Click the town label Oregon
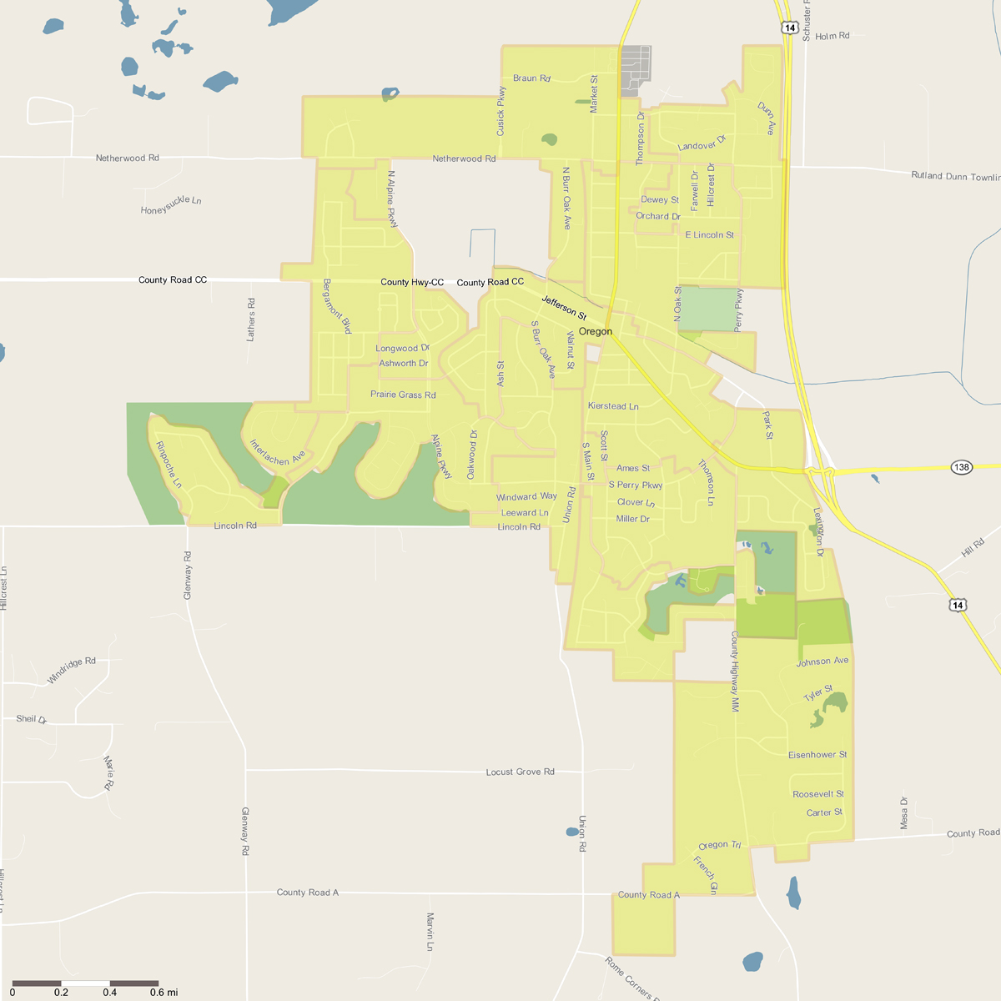pos(596,331)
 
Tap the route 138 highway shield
pos(962,467)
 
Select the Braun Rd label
pos(531,78)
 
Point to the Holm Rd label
pos(832,37)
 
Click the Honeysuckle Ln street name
pos(171,205)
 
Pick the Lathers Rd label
pos(251,319)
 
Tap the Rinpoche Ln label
pos(169,465)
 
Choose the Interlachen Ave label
pos(278,453)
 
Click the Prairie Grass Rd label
pos(403,395)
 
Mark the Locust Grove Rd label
pos(520,772)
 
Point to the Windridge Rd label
pos(72,670)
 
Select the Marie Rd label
pos(108,772)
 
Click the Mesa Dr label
pos(904,812)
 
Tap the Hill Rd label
pos(973,548)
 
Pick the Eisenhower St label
pos(817,755)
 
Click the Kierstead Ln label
pos(613,406)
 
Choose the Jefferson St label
pos(565,308)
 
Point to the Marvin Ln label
pos(430,932)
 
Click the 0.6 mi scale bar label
pos(163,993)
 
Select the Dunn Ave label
pos(767,118)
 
